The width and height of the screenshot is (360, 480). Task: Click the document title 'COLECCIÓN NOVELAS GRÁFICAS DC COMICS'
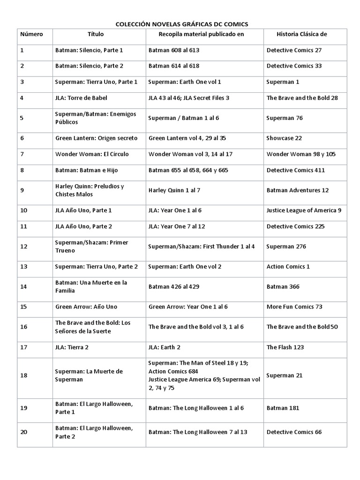coord(182,23)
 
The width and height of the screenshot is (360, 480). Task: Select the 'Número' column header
coord(31,34)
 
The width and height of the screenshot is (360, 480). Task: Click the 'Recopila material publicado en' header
coord(201,34)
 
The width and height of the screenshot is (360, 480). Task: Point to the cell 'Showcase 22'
coord(284,138)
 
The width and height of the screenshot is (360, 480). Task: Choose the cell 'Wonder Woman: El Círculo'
coord(92,154)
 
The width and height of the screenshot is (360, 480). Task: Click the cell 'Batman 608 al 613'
coord(174,50)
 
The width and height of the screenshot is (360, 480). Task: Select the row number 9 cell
coord(22,190)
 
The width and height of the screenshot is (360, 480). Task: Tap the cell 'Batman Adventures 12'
coord(298,190)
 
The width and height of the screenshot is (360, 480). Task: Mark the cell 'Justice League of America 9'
coord(304,210)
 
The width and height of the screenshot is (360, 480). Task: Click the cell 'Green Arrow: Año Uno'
coord(86,307)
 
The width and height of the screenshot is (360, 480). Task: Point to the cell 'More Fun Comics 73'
coord(294,307)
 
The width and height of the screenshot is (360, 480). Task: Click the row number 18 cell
coord(24,375)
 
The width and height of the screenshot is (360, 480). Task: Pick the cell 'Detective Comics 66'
coord(294,432)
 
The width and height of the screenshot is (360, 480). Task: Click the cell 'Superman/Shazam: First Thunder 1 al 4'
coord(202,246)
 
